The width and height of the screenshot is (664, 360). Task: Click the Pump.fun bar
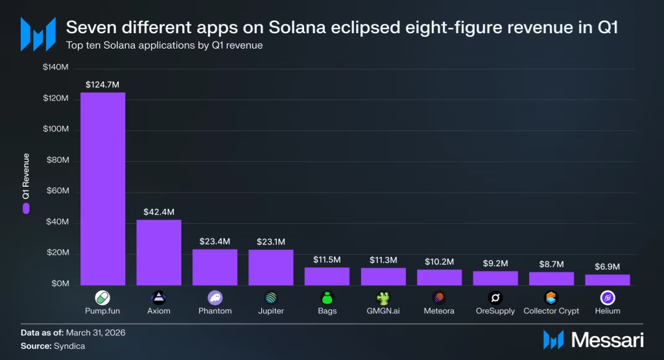(103, 189)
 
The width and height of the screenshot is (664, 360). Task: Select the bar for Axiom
(159, 252)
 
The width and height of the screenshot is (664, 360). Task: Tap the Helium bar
(607, 280)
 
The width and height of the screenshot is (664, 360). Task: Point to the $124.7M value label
(102, 85)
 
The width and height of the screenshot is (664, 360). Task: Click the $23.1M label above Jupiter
(271, 242)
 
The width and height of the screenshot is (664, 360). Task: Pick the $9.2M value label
(495, 263)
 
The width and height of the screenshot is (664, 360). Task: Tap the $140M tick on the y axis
(56, 67)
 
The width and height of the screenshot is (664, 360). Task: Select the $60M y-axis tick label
(58, 191)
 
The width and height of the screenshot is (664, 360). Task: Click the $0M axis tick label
(60, 283)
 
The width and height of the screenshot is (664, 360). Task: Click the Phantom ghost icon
(215, 298)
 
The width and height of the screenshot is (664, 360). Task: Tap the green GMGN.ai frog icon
(383, 298)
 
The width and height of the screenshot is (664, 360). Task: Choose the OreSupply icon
(495, 298)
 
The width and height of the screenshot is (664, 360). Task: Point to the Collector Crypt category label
(551, 311)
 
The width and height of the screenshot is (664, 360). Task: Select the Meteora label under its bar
(439, 311)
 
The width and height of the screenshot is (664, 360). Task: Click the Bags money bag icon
(327, 298)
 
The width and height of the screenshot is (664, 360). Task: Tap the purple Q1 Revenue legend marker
(26, 208)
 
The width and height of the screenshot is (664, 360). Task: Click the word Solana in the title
(297, 27)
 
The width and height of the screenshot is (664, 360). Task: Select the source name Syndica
(69, 346)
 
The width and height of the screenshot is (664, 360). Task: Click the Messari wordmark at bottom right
(607, 340)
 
